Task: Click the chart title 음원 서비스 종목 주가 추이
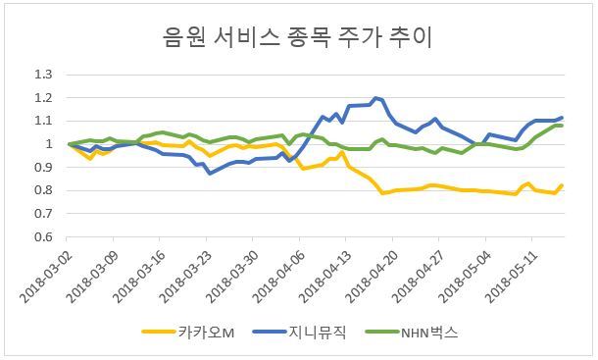click(297, 37)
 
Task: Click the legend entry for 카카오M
click(188, 333)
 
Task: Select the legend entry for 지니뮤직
click(299, 333)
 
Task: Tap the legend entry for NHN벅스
click(412, 333)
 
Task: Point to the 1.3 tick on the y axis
click(43, 75)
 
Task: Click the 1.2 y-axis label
click(43, 98)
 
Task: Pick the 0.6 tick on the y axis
click(43, 237)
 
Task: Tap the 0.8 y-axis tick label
click(43, 190)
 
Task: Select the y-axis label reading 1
click(49, 144)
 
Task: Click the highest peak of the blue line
click(375, 98)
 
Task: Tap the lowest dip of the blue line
click(210, 174)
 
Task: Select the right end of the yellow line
click(562, 186)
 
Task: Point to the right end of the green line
click(562, 126)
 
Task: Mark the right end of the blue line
click(562, 118)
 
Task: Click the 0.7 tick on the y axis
click(43, 214)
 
